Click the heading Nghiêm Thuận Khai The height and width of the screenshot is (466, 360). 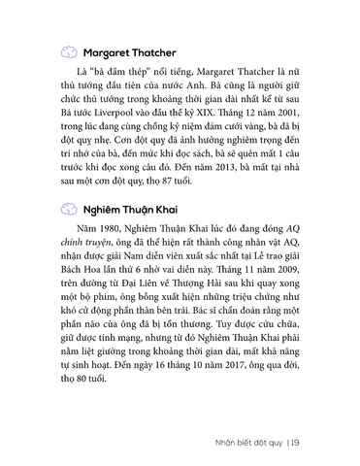point(127,236)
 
